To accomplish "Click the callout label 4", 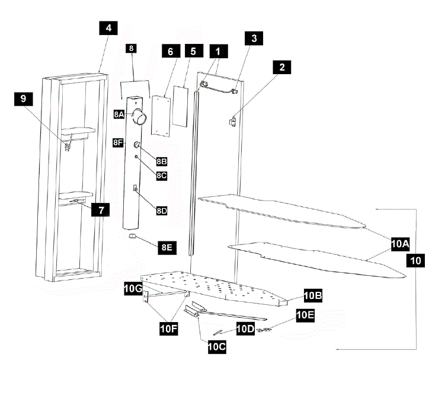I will pyautogui.click(x=108, y=29).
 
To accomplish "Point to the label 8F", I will pyautogui.click(x=118, y=142).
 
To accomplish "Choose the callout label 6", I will pyautogui.click(x=170, y=52).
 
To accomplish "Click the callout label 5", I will pyautogui.click(x=193, y=52).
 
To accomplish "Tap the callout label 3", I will pyautogui.click(x=254, y=39).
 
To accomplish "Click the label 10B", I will pyautogui.click(x=312, y=295).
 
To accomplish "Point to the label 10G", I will pyautogui.click(x=133, y=288).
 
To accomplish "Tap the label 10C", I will pyautogui.click(x=216, y=348).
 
